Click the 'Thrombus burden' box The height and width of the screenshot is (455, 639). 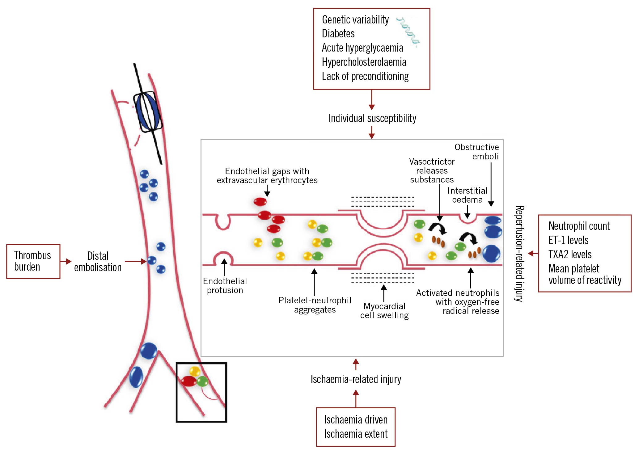pyautogui.click(x=33, y=261)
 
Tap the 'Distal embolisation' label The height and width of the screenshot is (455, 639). pyautogui.click(x=98, y=262)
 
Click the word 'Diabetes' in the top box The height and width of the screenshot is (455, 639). pyautogui.click(x=338, y=33)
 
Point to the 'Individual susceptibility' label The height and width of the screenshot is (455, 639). pyautogui.click(x=372, y=118)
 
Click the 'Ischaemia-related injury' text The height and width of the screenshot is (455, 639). pyautogui.click(x=356, y=379)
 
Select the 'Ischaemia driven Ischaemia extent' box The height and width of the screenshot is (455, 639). pyautogui.click(x=356, y=427)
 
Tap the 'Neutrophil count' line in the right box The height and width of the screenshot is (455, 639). pyautogui.click(x=579, y=226)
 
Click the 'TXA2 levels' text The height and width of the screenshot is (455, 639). pyautogui.click(x=570, y=254)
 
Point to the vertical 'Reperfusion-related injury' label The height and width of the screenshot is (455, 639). pyautogui.click(x=519, y=253)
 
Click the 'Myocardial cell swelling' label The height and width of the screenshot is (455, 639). pyautogui.click(x=384, y=310)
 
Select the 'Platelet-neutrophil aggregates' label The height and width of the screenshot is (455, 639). pyautogui.click(x=315, y=305)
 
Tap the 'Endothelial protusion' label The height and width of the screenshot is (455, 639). pyautogui.click(x=225, y=286)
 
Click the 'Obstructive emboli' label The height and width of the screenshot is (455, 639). pyautogui.click(x=476, y=152)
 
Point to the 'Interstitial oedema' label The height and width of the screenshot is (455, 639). pyautogui.click(x=467, y=195)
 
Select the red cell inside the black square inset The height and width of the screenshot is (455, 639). pyautogui.click(x=189, y=381)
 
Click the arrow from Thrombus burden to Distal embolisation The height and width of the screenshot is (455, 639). pyautogui.click(x=66, y=262)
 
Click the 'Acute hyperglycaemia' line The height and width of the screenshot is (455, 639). pyautogui.click(x=362, y=48)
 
